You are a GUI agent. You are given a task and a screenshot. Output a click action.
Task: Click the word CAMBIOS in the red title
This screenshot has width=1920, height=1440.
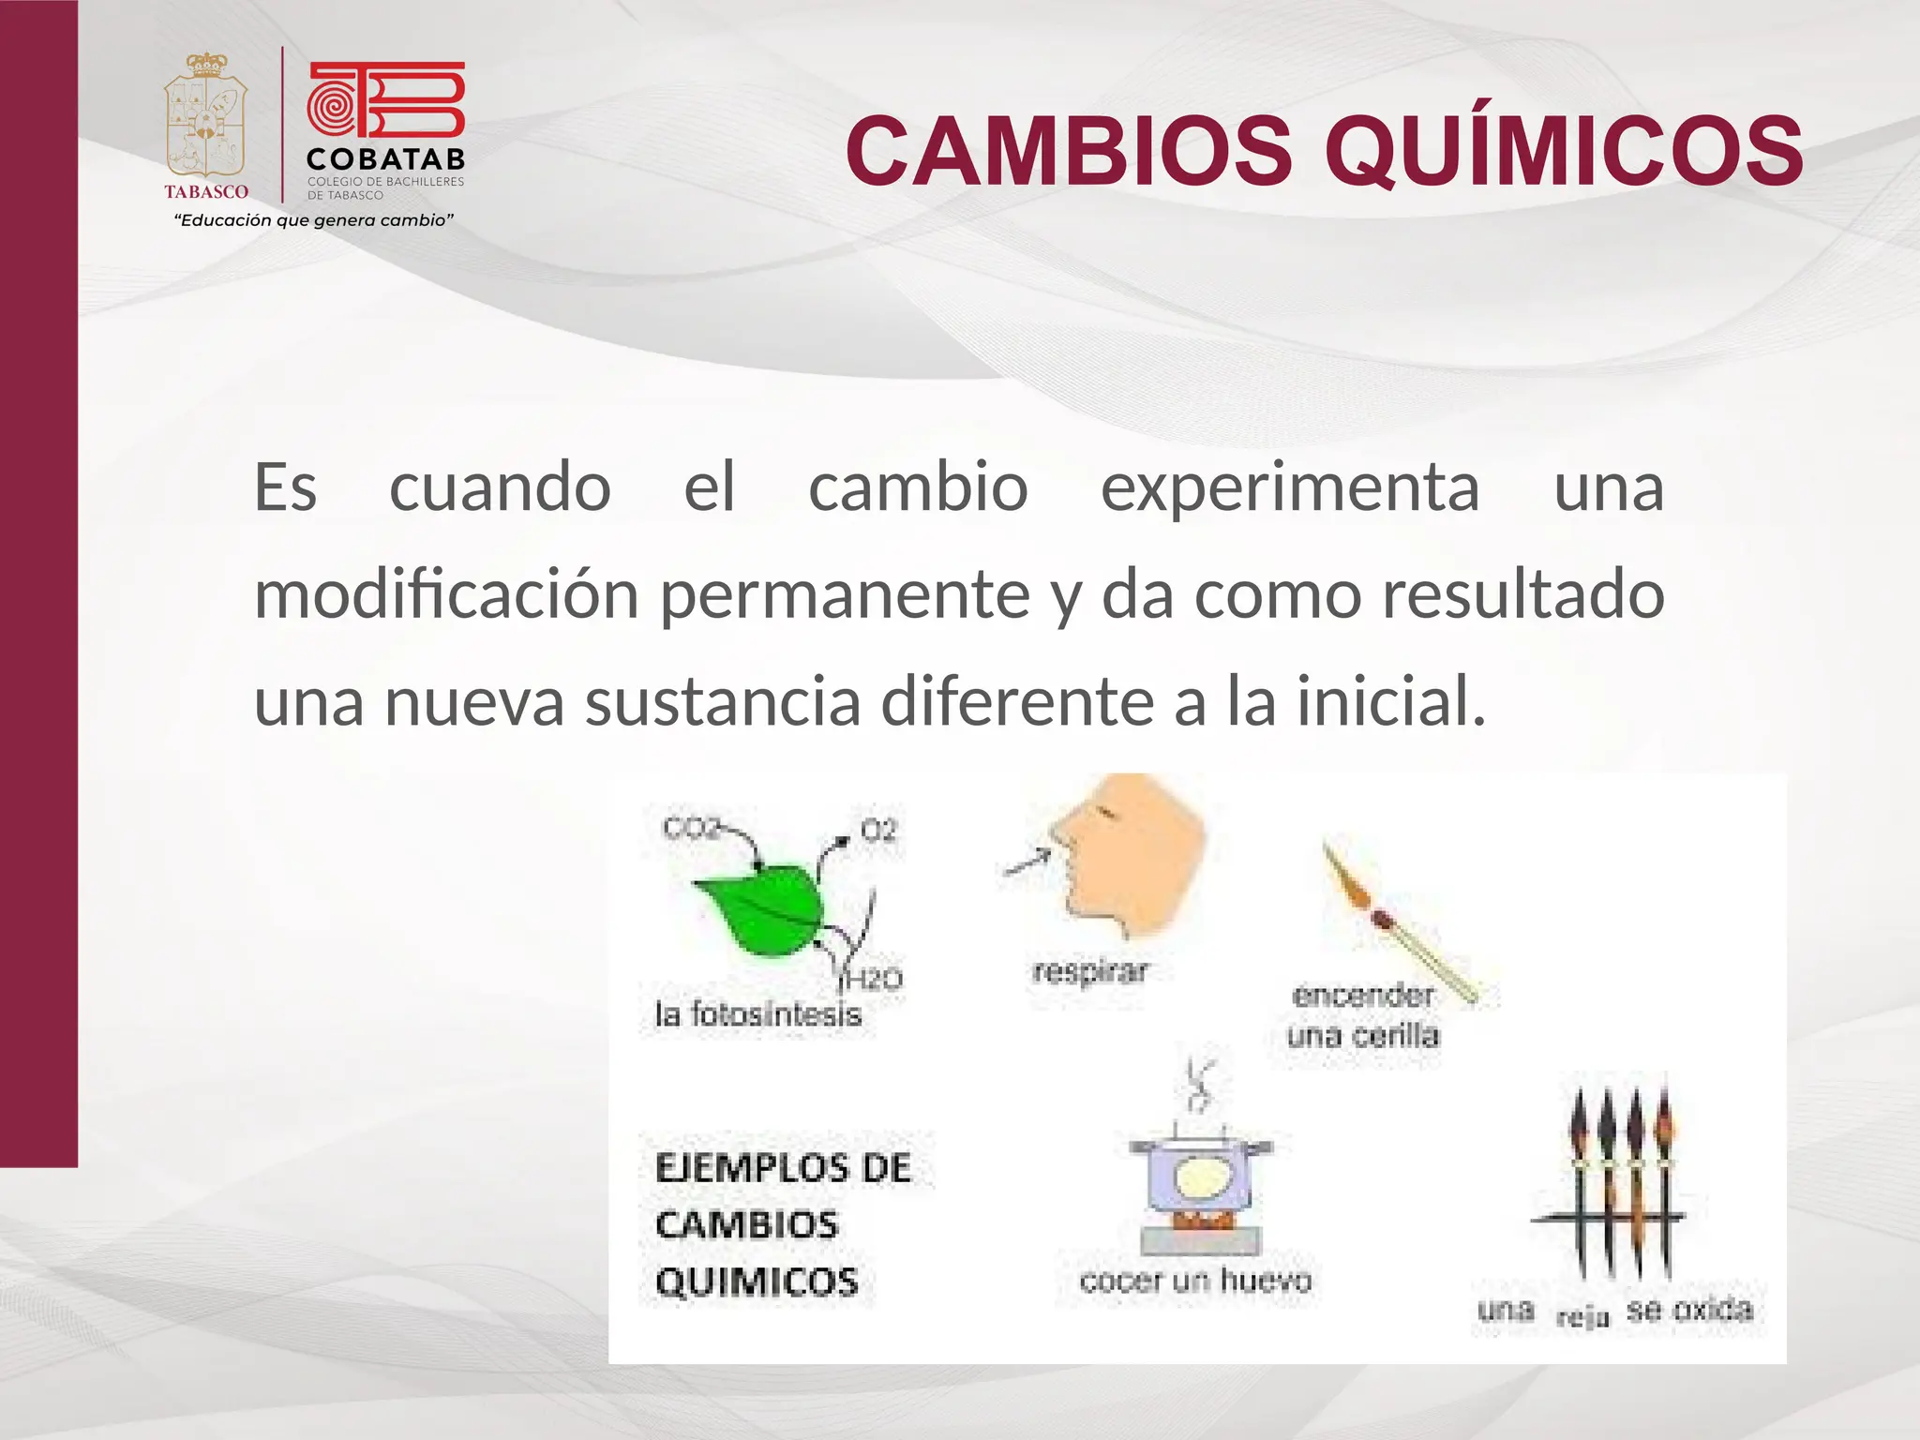pos(1069,150)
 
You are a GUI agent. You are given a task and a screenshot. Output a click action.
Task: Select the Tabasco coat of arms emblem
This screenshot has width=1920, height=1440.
pos(206,117)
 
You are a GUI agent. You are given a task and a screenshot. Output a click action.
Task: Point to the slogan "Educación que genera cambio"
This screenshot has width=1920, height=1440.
pos(314,220)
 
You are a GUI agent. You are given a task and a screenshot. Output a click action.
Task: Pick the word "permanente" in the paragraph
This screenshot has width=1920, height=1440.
pos(845,595)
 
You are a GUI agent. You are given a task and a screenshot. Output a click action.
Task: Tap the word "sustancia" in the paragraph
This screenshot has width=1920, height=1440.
pos(723,702)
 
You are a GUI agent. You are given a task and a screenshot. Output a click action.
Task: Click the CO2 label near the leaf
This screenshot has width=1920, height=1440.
pos(691,829)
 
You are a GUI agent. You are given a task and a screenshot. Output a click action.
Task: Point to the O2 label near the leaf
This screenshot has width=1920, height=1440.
pos(878,830)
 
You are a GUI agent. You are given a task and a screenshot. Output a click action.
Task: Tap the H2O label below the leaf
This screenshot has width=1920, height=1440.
pos(874,980)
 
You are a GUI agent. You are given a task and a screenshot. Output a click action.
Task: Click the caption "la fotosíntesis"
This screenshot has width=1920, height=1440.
pos(757,1014)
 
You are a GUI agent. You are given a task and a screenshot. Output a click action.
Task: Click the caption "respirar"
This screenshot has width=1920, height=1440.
pos(1089,971)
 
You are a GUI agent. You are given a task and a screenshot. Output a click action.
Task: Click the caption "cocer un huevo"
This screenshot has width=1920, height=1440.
pos(1195,1281)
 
